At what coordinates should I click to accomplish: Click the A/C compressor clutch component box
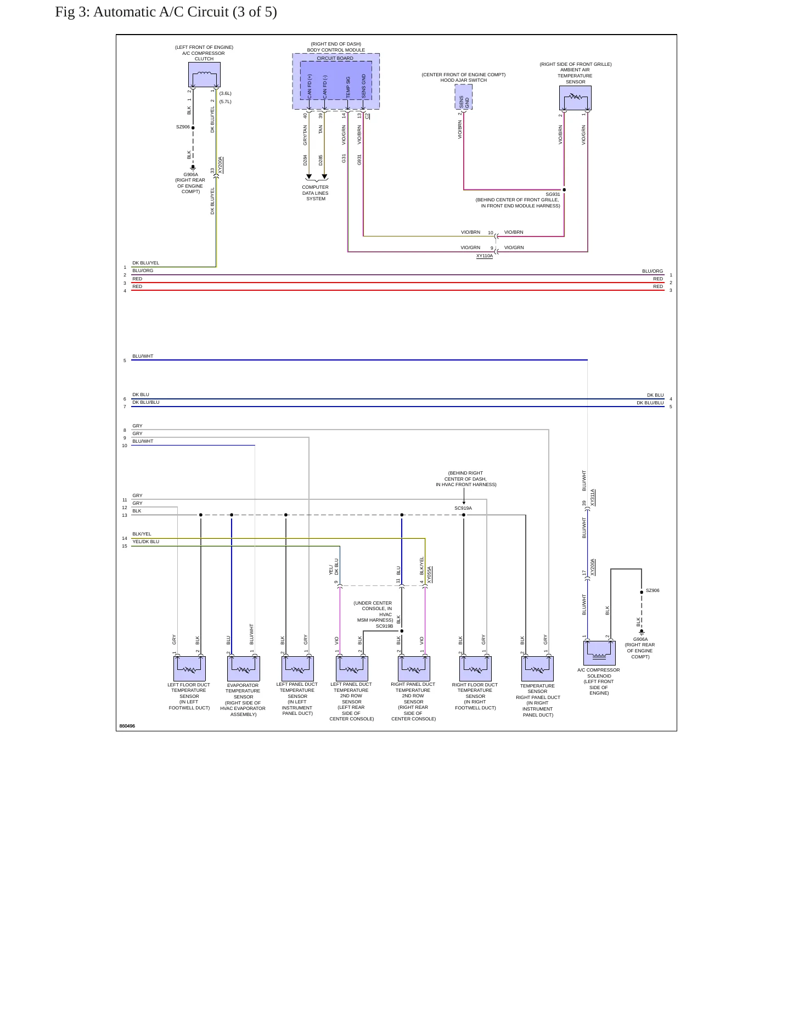[x=204, y=75]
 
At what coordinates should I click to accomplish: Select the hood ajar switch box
[x=464, y=97]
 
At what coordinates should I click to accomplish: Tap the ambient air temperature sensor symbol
[x=575, y=98]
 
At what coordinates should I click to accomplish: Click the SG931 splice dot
[x=564, y=190]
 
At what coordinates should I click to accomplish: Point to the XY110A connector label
[x=485, y=256]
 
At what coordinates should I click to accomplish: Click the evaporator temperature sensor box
[x=243, y=669]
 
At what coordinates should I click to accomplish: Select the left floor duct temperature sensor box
[x=189, y=669]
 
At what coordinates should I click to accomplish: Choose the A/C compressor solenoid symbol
[x=599, y=653]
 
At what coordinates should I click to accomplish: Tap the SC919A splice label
[x=463, y=508]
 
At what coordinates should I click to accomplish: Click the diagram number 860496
[x=127, y=726]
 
